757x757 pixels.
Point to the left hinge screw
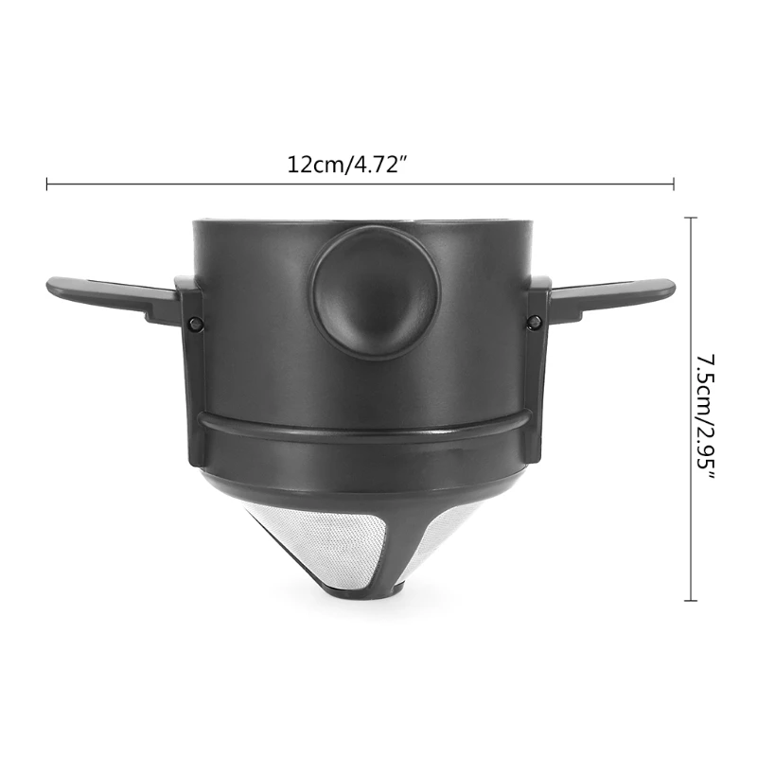196,324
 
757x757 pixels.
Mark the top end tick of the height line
691,216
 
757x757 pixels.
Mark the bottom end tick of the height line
691,601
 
